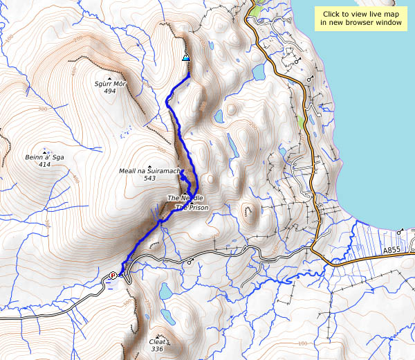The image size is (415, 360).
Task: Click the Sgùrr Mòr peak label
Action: tap(110, 84)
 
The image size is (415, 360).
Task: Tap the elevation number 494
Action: tap(110, 91)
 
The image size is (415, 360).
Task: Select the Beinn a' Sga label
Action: tap(46, 158)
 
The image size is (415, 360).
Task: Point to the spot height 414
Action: tap(46, 165)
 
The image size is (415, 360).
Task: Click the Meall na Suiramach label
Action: tap(149, 171)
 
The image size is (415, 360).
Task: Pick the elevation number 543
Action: tap(149, 179)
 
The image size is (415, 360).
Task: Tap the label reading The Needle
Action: tap(185, 199)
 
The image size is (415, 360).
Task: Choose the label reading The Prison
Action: tap(192, 207)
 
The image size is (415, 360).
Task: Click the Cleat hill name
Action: tap(157, 341)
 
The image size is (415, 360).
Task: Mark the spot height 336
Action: tap(157, 349)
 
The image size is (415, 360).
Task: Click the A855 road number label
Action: tap(392, 249)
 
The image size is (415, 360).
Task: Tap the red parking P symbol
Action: tap(112, 276)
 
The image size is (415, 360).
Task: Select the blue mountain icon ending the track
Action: tap(185, 57)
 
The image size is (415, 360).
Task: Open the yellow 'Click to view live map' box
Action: tap(360, 18)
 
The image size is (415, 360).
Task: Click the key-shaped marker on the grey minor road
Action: tap(190, 262)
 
